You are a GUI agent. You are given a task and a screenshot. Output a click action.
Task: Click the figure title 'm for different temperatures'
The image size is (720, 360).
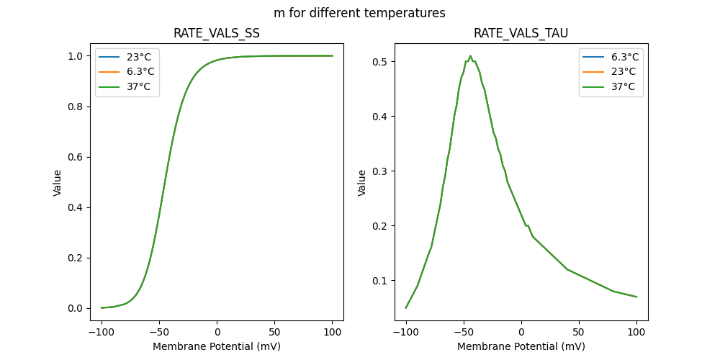pyautogui.click(x=359, y=13)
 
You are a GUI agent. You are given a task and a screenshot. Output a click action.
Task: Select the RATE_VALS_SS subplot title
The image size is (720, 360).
pyautogui.click(x=217, y=34)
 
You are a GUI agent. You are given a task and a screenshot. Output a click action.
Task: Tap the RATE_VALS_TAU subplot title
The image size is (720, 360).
pyautogui.click(x=521, y=34)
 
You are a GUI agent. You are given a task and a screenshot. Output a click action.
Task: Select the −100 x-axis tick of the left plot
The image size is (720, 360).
pyautogui.click(x=102, y=332)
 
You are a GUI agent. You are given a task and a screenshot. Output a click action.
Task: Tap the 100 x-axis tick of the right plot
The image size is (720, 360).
pyautogui.click(x=636, y=332)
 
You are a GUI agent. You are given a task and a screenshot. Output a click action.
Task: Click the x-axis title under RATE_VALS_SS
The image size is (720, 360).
pyautogui.click(x=217, y=346)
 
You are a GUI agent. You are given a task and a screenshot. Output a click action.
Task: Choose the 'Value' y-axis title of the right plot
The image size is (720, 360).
pyautogui.click(x=362, y=183)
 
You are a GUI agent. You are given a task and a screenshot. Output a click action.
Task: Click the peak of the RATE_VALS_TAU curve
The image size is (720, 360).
pyautogui.click(x=470, y=56)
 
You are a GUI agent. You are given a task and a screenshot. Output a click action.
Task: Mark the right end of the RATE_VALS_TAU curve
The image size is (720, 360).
pyautogui.click(x=636, y=297)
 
